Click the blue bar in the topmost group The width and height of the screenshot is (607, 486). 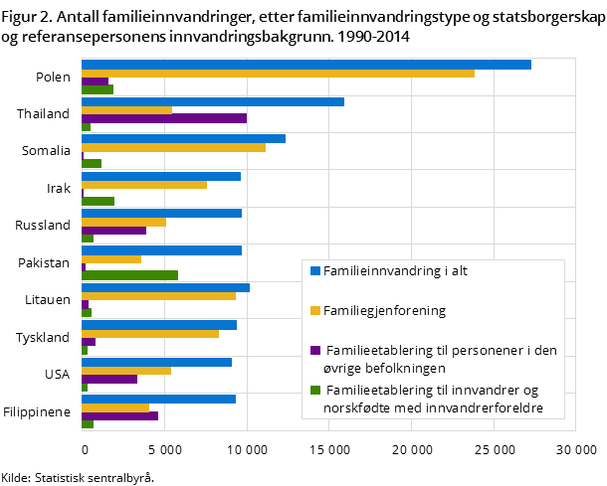pos(305,65)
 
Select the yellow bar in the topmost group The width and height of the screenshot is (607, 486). pos(278,74)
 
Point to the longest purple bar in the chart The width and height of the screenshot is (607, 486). pos(164,118)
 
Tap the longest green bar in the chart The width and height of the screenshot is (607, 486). pos(129,275)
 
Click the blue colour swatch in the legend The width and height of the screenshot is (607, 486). pos(315,270)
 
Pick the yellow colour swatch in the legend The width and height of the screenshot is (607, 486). pos(315,310)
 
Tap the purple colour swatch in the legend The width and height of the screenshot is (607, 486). pos(315,350)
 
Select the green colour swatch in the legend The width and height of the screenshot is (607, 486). pos(315,390)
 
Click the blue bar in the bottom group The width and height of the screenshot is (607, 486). pos(158,400)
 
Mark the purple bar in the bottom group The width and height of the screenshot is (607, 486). pos(119,416)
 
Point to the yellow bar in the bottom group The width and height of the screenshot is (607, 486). pos(115,407)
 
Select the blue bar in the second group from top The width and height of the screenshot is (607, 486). pos(213,101)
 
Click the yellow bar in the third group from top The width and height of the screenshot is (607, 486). pos(173,147)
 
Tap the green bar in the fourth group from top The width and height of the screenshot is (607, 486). pos(98,201)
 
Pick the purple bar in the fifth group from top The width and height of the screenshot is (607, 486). pos(113,231)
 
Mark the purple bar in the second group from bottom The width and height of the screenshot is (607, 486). pos(109,379)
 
